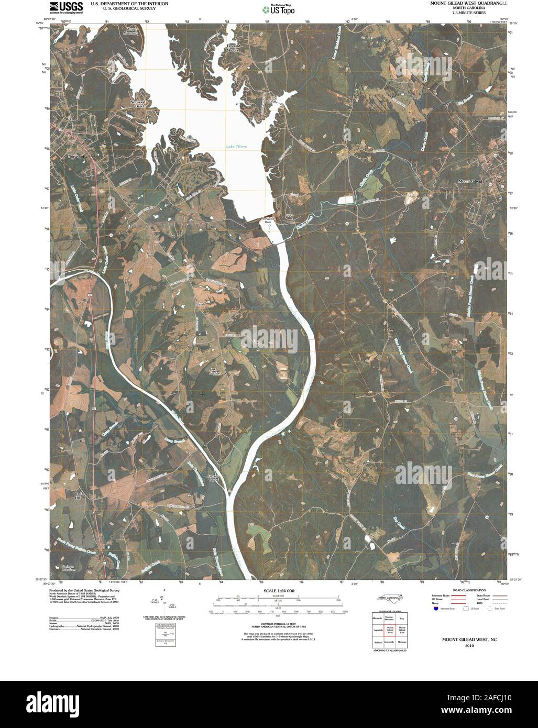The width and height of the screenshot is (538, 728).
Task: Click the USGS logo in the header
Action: (65, 7)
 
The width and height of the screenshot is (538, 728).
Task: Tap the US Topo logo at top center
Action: (279, 9)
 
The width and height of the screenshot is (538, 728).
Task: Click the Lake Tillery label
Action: (236, 146)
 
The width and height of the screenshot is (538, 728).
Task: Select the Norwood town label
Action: (76, 156)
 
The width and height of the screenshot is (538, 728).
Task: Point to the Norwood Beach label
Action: (139, 104)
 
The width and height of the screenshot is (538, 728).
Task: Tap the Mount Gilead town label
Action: (470, 181)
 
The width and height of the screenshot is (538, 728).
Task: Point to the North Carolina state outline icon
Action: (387, 599)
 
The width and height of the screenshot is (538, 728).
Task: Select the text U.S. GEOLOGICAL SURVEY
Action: (122, 8)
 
